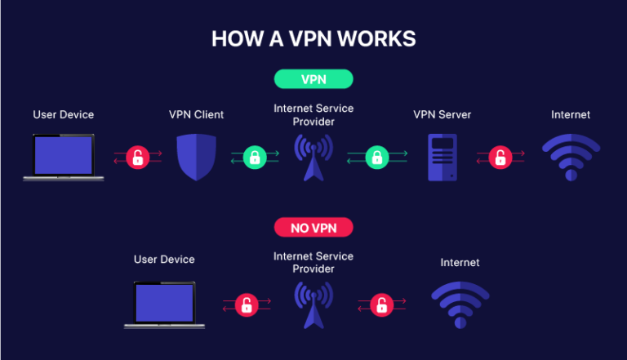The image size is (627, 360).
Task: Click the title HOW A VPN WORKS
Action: point(313,38)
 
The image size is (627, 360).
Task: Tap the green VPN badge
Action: point(313,79)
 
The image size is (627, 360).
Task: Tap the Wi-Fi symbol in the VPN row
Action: point(571,157)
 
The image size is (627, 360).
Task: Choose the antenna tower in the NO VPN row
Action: point(313,304)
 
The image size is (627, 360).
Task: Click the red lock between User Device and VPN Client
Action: point(137,157)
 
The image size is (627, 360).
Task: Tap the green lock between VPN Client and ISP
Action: point(254,157)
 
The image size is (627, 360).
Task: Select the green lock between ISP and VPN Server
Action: point(376,157)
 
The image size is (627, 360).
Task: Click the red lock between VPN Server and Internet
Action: point(500,157)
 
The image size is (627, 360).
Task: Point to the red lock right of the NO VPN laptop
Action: point(245,305)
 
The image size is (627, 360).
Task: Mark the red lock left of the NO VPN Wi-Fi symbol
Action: point(380,305)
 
